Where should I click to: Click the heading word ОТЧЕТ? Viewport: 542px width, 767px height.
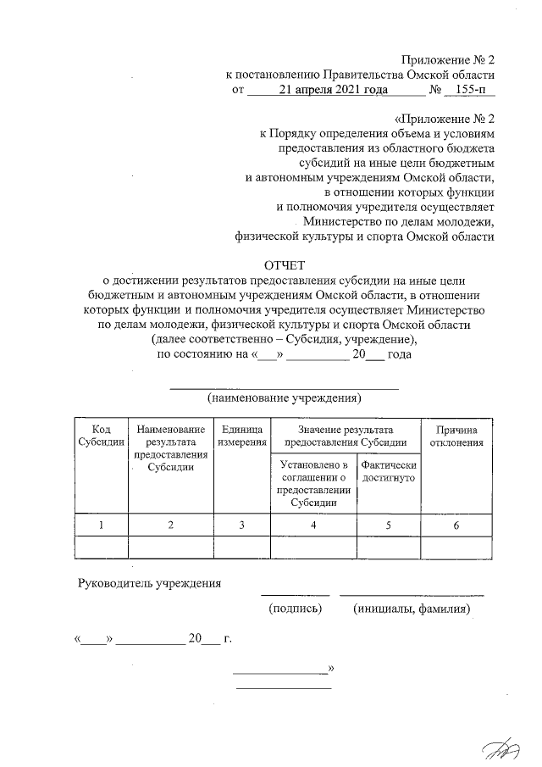click(284, 269)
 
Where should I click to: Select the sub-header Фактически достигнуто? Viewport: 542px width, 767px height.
click(389, 472)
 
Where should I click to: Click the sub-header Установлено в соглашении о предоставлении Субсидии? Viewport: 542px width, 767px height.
click(313, 484)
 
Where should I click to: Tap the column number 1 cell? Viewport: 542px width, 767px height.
click(101, 525)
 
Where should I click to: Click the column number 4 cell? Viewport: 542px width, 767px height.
click(313, 525)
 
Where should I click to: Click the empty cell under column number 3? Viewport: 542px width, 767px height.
click(242, 547)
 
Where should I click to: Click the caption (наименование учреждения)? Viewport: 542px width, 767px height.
click(285, 397)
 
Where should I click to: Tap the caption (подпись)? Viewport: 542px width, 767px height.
click(295, 609)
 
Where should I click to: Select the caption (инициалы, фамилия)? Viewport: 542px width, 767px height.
click(412, 609)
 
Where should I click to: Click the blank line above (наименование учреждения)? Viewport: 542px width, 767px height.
click(285, 387)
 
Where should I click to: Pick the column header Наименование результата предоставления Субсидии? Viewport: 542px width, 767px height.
click(170, 448)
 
